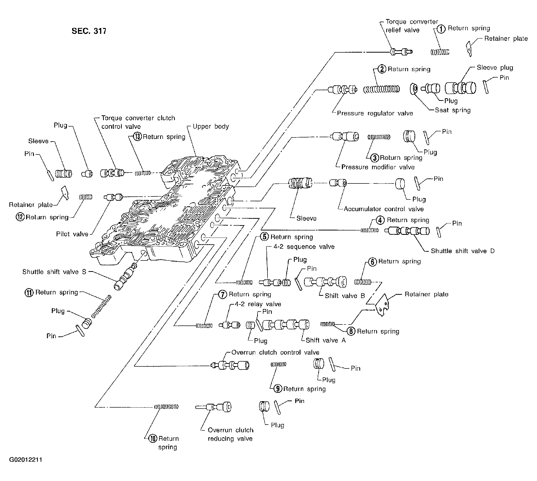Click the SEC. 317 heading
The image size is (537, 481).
pyautogui.click(x=89, y=31)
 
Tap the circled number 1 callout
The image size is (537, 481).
pyautogui.click(x=441, y=28)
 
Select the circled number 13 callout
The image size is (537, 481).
pyautogui.click(x=137, y=137)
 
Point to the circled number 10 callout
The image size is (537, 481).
pyautogui.click(x=153, y=439)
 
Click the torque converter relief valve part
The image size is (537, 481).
pyautogui.click(x=401, y=52)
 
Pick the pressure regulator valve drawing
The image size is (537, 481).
pyautogui.click(x=343, y=90)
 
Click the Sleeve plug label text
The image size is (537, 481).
pyautogui.click(x=495, y=68)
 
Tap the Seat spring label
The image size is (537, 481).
pyautogui.click(x=453, y=110)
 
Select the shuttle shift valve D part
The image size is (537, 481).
pyautogui.click(x=407, y=231)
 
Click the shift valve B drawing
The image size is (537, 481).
pyautogui.click(x=326, y=282)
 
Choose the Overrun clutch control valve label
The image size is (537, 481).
pyautogui.click(x=275, y=352)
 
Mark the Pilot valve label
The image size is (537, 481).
pyautogui.click(x=72, y=234)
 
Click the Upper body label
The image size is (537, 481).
pyautogui.click(x=211, y=126)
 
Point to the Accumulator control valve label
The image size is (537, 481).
pyautogui.click(x=384, y=209)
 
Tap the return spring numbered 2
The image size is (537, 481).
pyautogui.click(x=381, y=90)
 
